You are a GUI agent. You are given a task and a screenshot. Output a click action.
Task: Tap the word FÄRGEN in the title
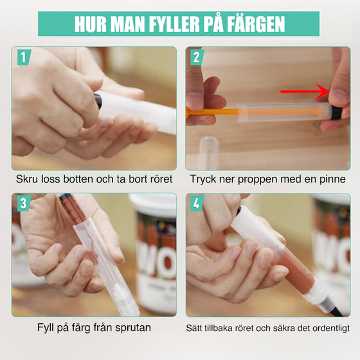click(x=251, y=24)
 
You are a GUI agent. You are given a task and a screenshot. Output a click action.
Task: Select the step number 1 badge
click(x=24, y=58)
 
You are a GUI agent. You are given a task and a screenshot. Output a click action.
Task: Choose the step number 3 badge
click(x=24, y=204)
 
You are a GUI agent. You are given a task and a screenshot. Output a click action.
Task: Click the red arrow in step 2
click(x=305, y=92)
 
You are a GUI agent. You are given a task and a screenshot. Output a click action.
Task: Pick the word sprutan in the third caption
click(x=132, y=328)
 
